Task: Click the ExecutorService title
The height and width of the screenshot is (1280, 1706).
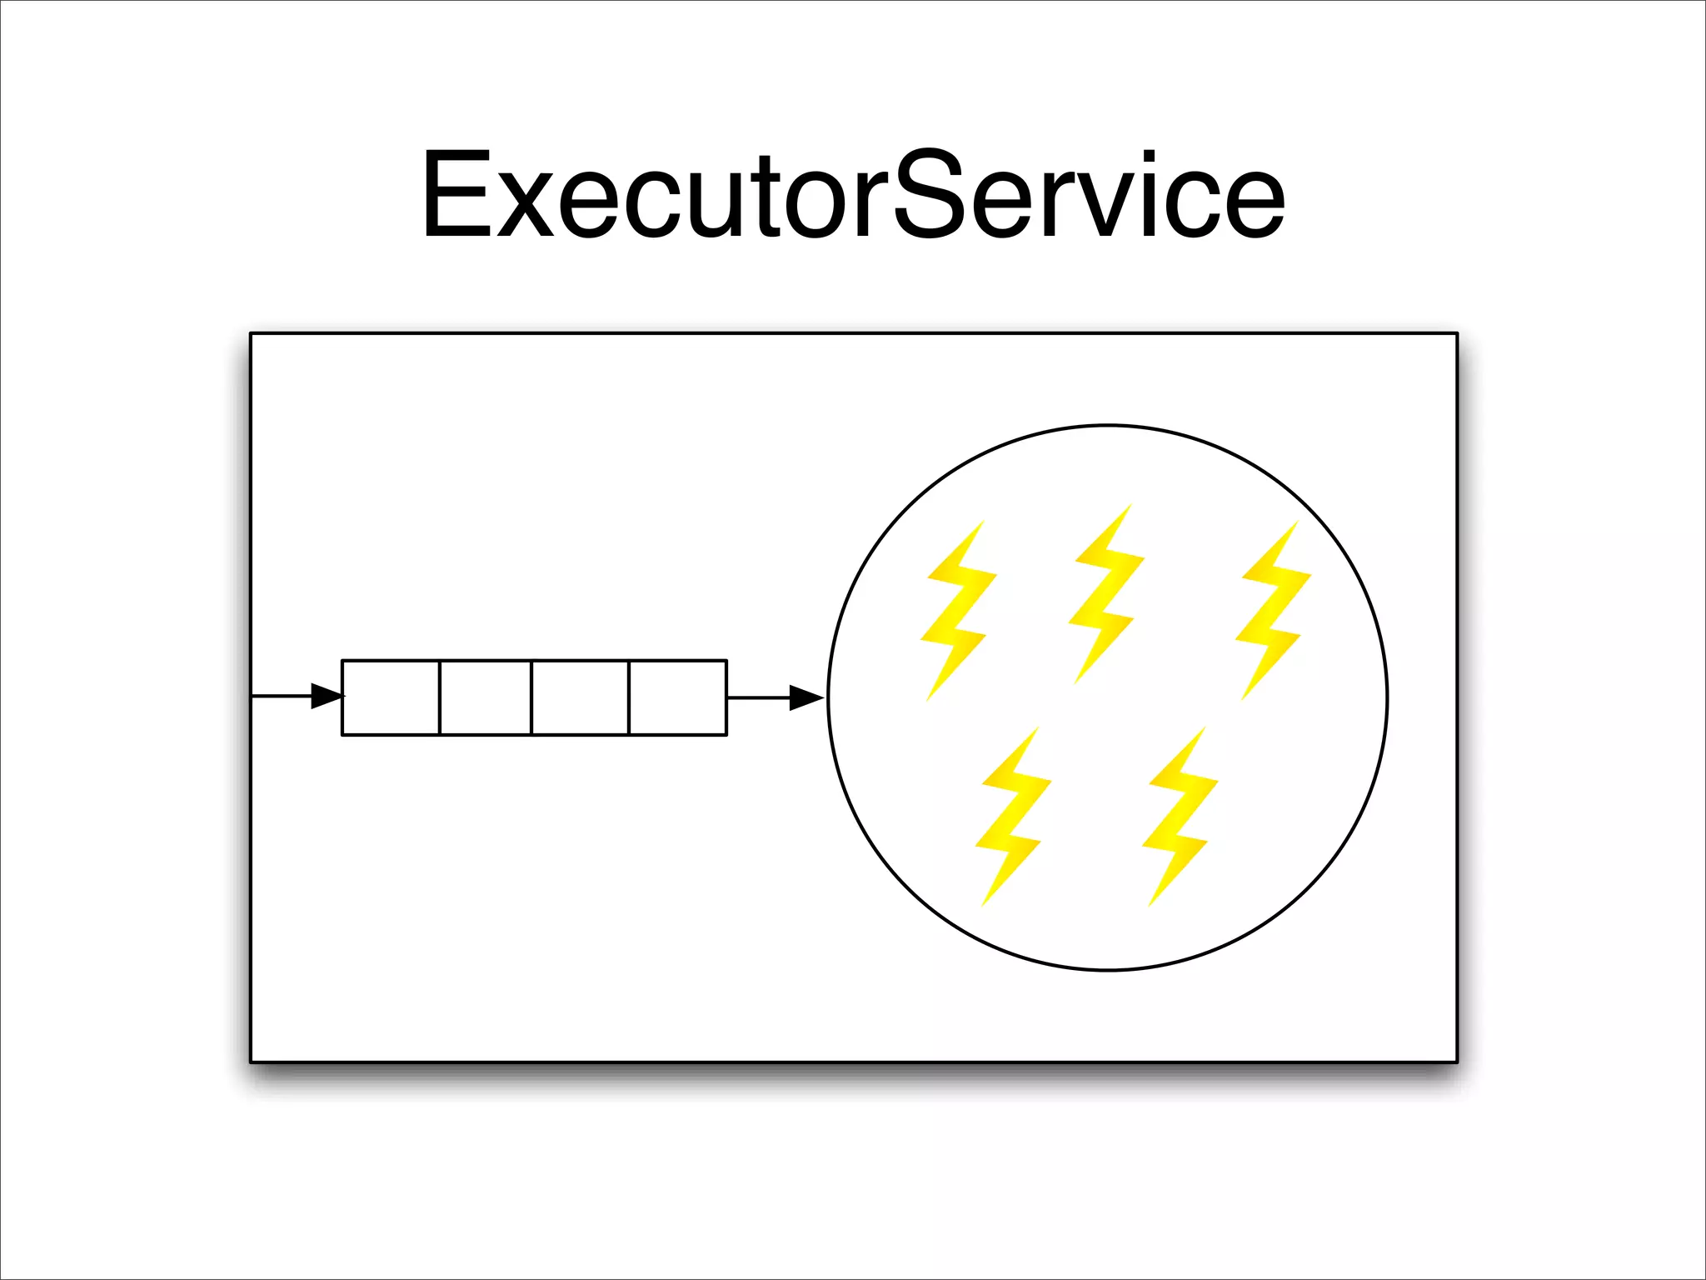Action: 853,196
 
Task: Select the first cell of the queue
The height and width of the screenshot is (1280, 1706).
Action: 391,697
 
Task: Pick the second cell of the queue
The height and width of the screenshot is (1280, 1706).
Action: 486,697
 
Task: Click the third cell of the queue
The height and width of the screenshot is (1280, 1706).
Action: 580,697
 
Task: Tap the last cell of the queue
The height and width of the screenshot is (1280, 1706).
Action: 677,697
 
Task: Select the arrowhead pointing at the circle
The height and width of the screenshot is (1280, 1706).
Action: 806,698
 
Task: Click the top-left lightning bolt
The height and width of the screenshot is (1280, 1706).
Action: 958,611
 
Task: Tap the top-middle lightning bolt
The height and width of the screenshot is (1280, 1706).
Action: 1106,593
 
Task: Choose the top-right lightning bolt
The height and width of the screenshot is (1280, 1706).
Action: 1272,611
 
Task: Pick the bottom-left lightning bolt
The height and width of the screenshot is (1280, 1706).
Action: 1013,817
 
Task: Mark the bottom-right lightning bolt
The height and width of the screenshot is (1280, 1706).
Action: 1180,817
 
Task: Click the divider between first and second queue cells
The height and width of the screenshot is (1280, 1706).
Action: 439,697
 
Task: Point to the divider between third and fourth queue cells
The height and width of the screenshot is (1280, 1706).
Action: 629,697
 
